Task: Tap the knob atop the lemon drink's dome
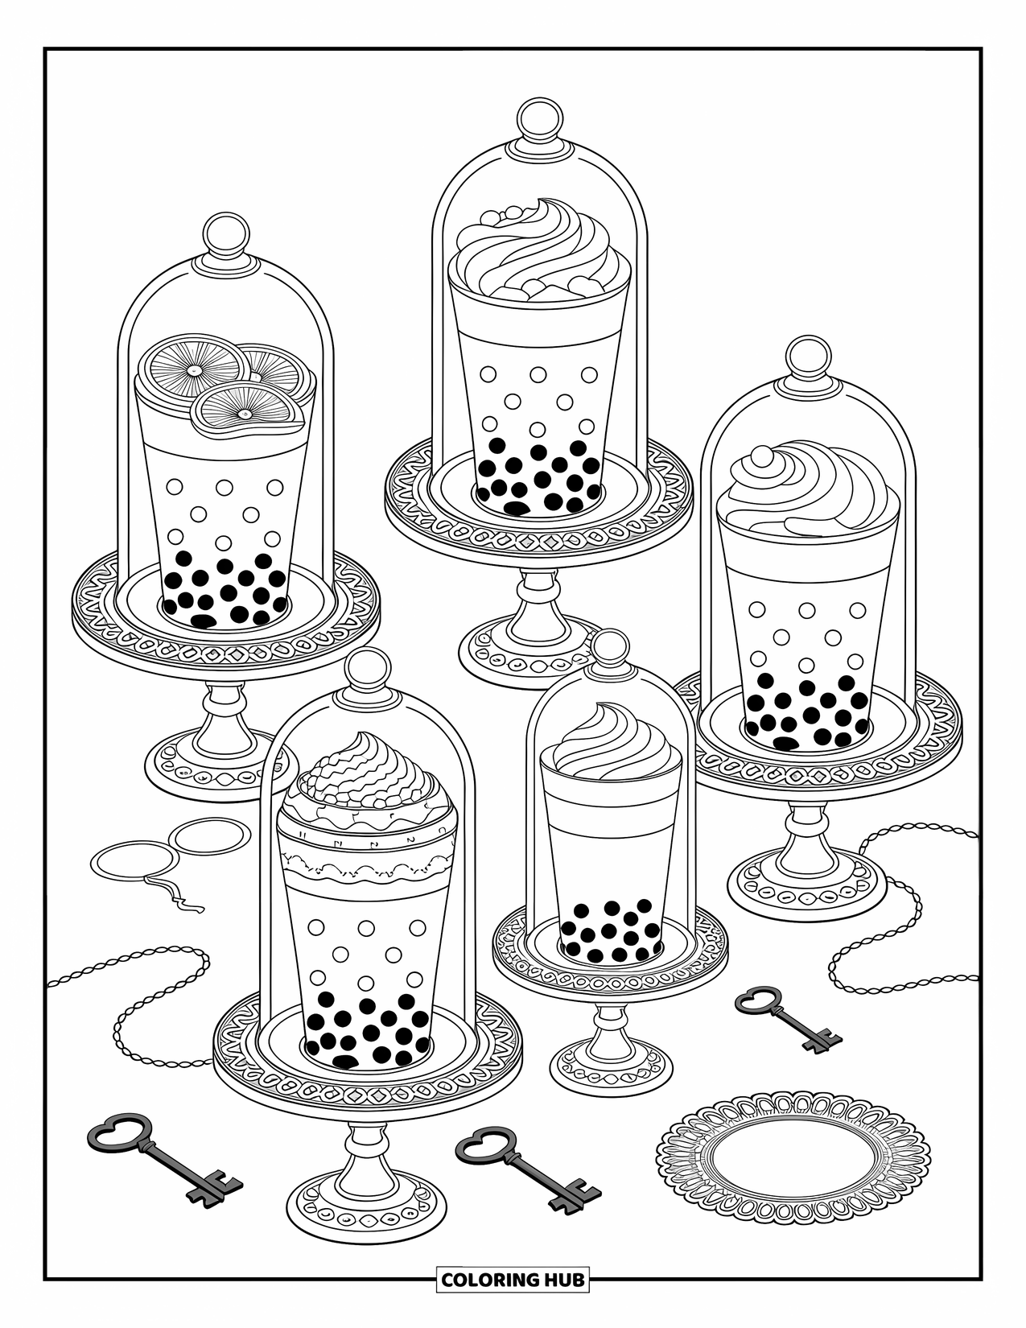[x=226, y=233]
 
